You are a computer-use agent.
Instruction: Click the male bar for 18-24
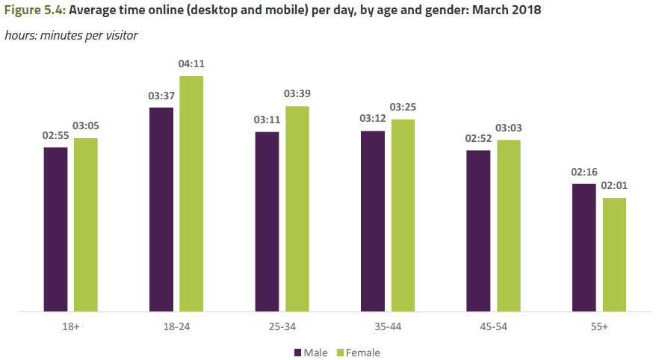[161, 209]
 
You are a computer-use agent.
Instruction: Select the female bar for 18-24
[191, 193]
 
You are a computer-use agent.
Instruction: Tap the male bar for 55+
[584, 247]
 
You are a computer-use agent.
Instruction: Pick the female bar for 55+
[614, 254]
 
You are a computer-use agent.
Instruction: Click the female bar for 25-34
[297, 208]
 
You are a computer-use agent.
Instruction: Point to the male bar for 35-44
[373, 221]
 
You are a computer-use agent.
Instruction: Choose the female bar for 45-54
[509, 225]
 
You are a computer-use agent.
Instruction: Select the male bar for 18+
[55, 229]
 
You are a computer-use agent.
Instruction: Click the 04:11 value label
[191, 65]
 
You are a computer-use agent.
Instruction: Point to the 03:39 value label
[297, 95]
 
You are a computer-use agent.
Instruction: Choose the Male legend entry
[312, 352]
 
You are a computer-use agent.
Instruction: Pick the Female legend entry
[359, 352]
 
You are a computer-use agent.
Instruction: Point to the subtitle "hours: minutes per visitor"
[71, 35]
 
